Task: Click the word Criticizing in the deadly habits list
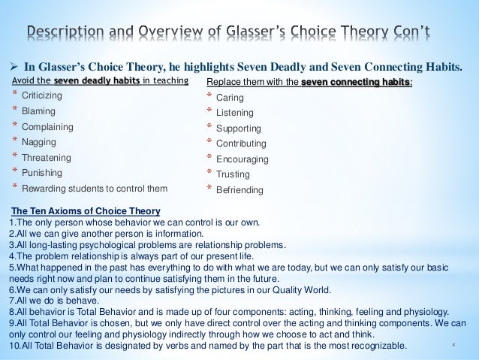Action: tap(42, 97)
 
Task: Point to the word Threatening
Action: tap(46, 158)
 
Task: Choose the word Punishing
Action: tap(41, 173)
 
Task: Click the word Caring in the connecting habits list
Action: tap(229, 98)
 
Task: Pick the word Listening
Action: tap(233, 113)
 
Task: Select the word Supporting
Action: tap(237, 128)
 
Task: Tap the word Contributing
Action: tap(240, 143)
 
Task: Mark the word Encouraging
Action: tap(242, 159)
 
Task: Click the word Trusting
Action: tap(232, 174)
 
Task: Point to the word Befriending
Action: tap(239, 190)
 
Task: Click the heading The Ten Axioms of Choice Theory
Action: tap(80, 210)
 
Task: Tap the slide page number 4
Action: tap(455, 345)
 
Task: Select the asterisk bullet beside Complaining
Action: tap(14, 127)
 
